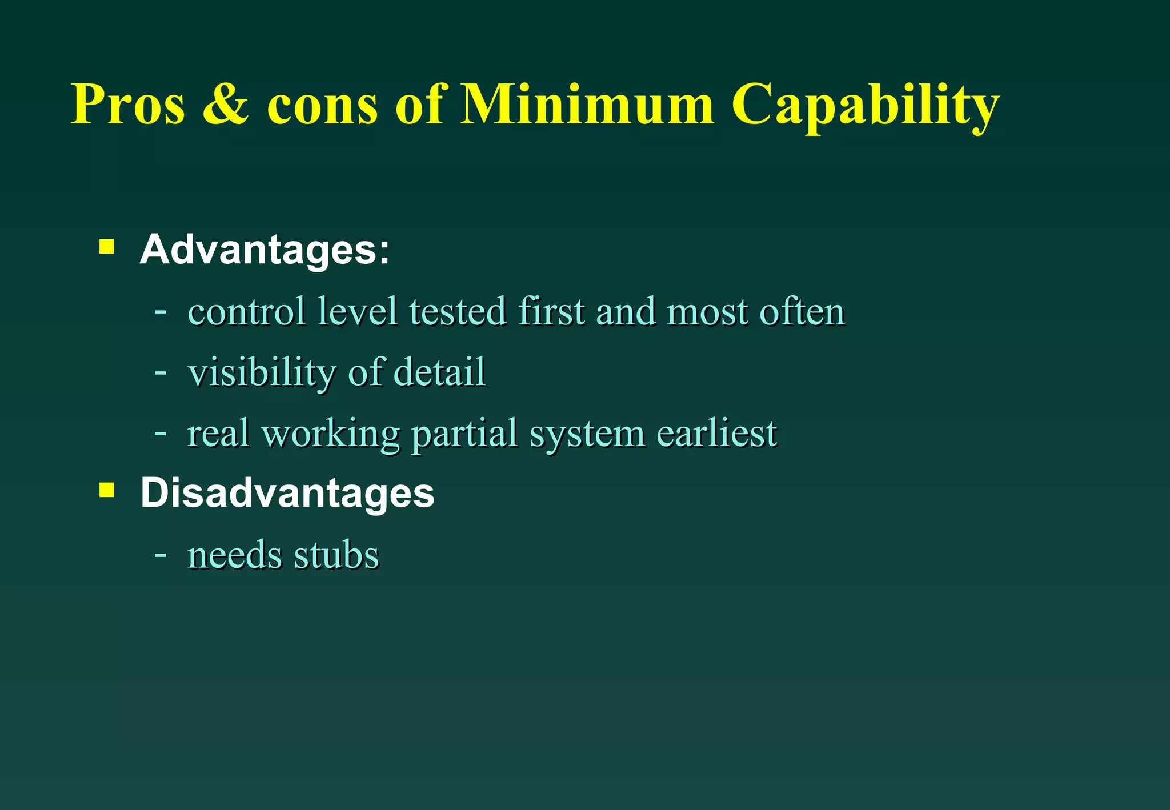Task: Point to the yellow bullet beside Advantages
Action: pos(107,247)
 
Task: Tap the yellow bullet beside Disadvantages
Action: pos(107,490)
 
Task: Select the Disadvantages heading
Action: pos(287,493)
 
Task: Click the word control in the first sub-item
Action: pos(246,312)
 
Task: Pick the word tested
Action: pos(458,312)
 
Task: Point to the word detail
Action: pos(440,372)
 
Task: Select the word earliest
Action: pos(717,433)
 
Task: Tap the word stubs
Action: pos(336,555)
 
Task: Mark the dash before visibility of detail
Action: pos(161,372)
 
